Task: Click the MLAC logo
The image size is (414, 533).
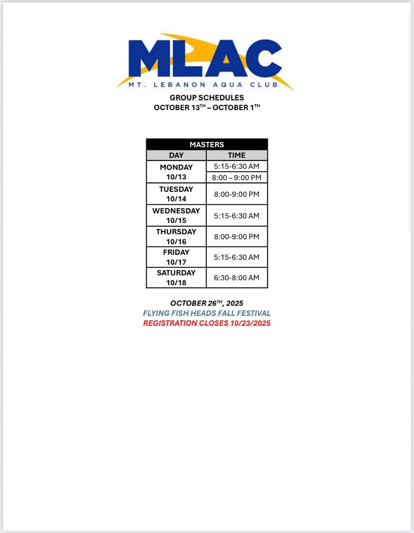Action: coord(205,58)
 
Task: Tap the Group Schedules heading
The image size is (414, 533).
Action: coord(207,98)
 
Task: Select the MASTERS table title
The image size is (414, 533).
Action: coord(207,144)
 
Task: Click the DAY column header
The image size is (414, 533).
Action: coord(176,155)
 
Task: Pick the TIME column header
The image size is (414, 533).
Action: coord(237,155)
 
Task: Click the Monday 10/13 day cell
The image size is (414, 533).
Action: coord(176,172)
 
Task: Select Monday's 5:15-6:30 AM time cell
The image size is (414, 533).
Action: coord(237,167)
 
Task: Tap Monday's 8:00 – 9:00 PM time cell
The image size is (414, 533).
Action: coord(237,178)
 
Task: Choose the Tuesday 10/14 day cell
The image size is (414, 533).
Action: coord(176,194)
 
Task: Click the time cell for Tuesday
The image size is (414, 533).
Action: coord(237,194)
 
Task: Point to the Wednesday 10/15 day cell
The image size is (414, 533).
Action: coord(176,215)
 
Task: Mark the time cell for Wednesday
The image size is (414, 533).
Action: coord(237,215)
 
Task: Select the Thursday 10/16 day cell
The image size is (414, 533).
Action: coord(176,237)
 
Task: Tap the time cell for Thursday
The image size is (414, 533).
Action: coord(237,237)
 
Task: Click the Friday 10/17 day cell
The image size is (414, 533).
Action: coord(176,257)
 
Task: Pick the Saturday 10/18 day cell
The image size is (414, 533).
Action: coord(176,278)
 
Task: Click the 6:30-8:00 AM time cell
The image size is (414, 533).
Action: coord(237,278)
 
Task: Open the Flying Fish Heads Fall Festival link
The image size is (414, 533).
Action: coord(207,313)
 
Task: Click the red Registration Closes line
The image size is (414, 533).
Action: coord(207,323)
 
